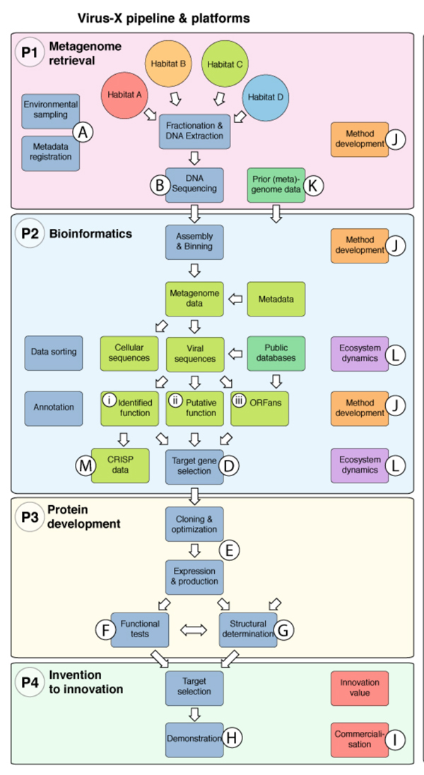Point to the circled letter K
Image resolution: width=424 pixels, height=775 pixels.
pyautogui.click(x=314, y=186)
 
